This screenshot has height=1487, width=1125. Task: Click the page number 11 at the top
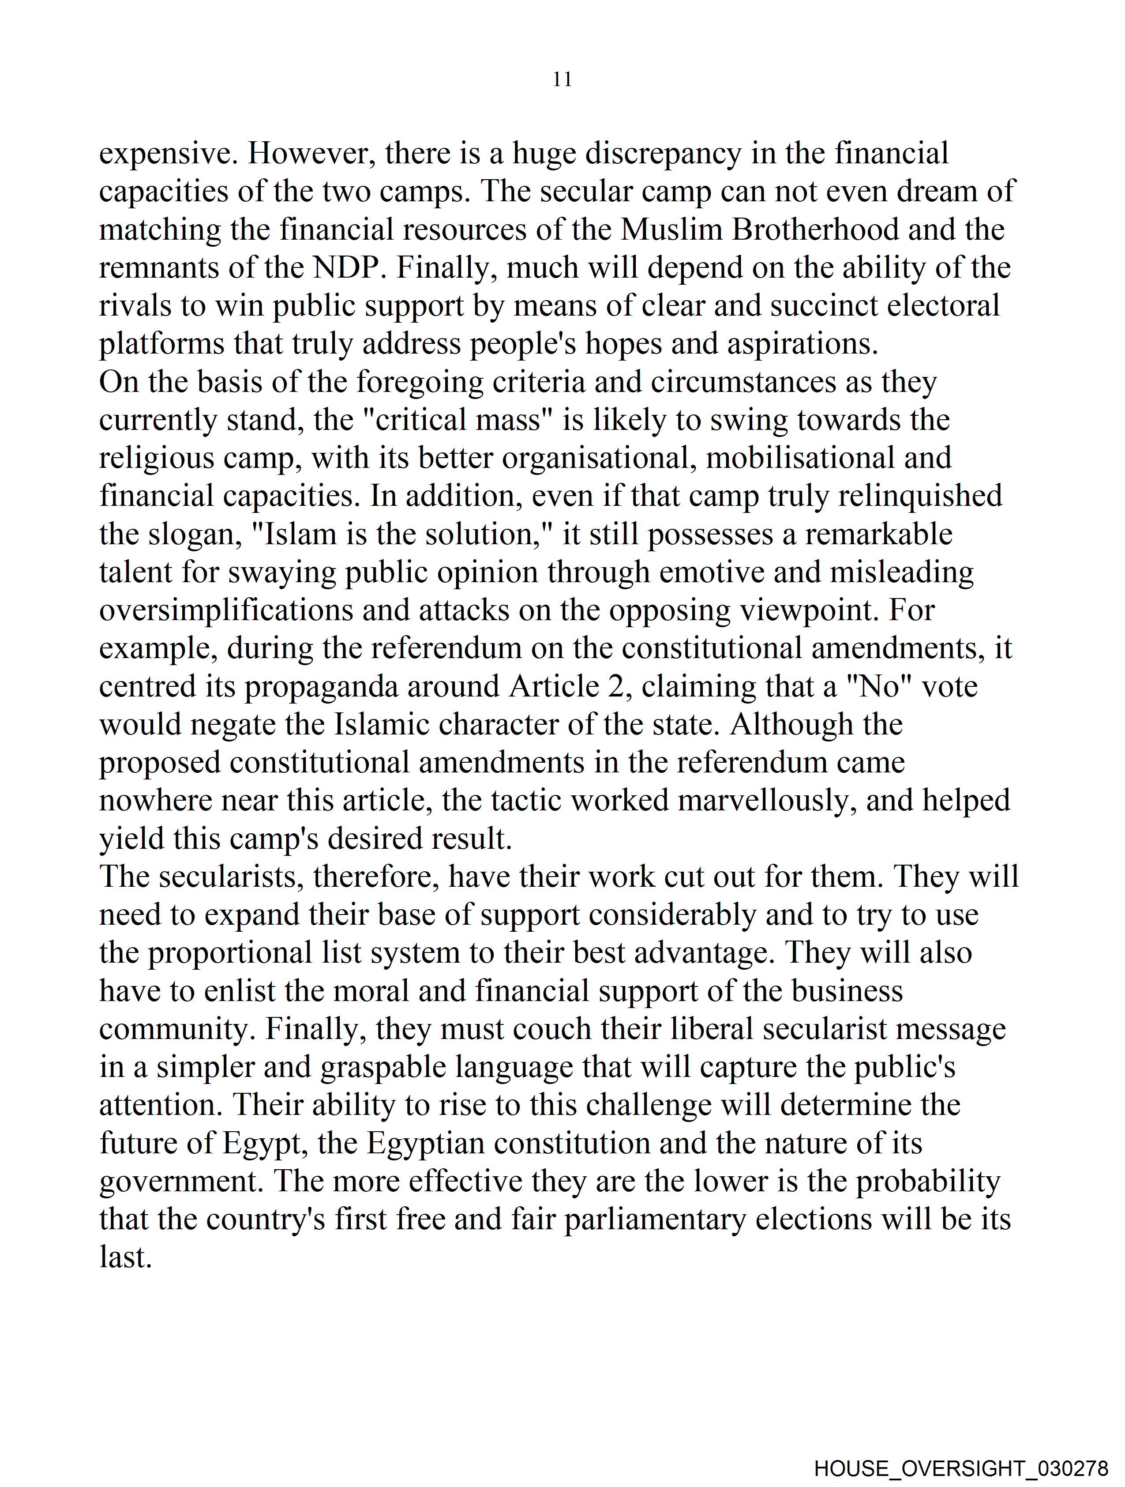(562, 79)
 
